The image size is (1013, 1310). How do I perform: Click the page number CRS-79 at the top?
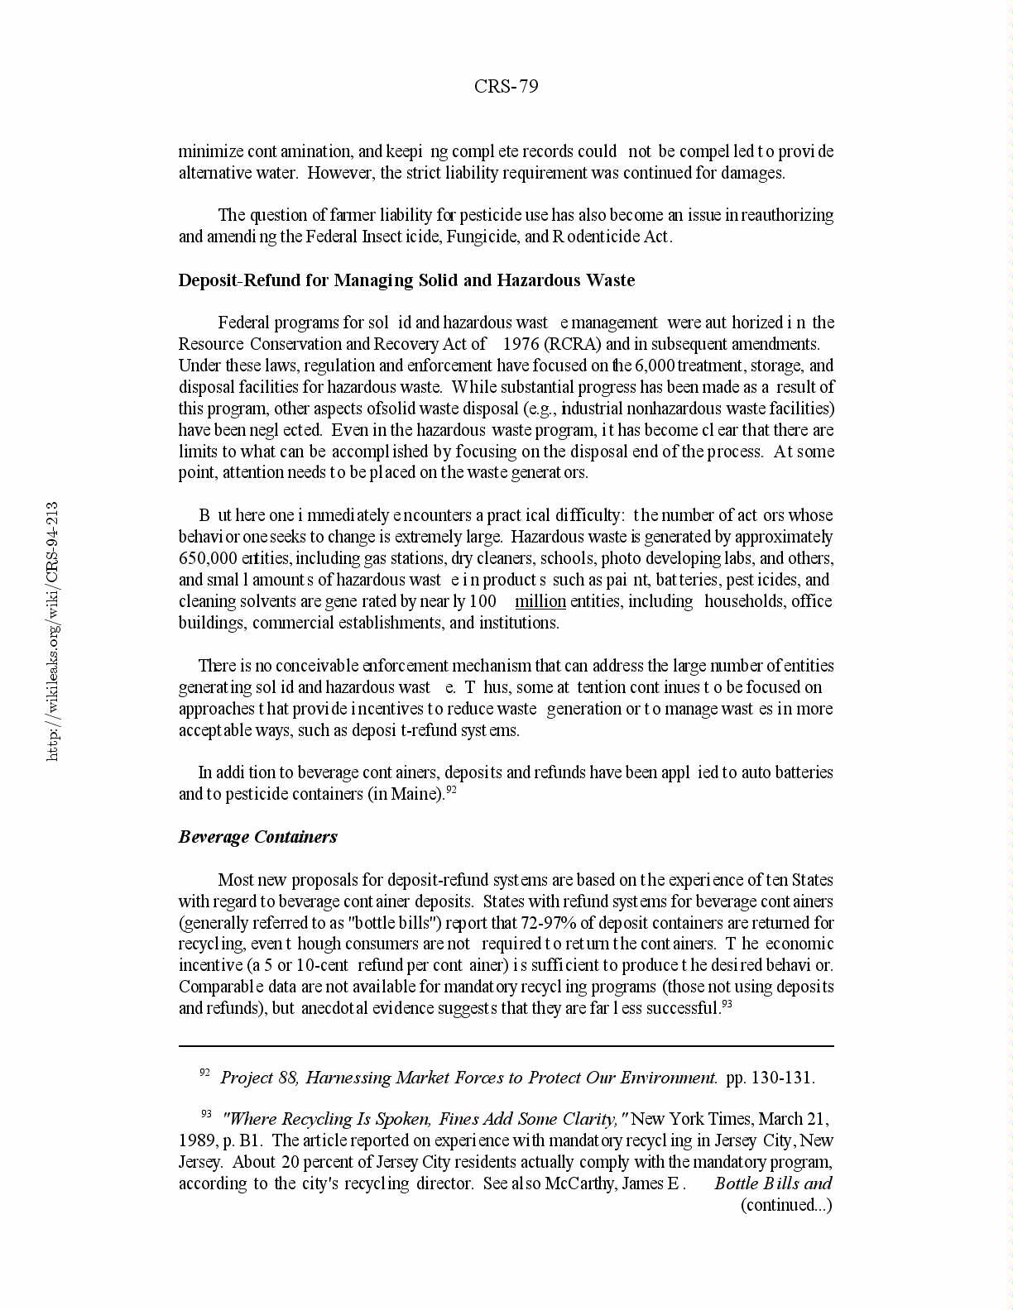click(506, 86)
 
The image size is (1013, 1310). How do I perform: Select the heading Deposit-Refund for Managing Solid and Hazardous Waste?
click(406, 280)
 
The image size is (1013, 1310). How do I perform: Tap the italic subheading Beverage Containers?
click(257, 837)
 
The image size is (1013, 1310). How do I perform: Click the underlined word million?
click(540, 601)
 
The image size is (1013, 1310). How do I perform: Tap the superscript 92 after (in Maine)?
click(452, 790)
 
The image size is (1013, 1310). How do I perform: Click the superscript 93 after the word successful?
click(727, 1004)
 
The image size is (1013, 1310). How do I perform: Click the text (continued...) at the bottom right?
click(785, 1205)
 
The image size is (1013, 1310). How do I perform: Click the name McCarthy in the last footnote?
click(580, 1183)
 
